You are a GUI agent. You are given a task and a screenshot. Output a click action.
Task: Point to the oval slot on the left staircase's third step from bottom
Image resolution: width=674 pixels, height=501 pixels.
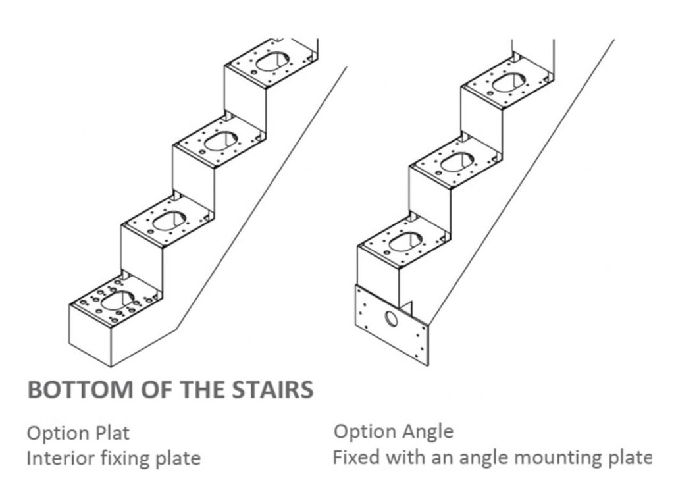(x=219, y=140)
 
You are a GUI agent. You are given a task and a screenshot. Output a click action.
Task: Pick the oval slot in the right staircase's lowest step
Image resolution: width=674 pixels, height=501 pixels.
(x=403, y=242)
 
